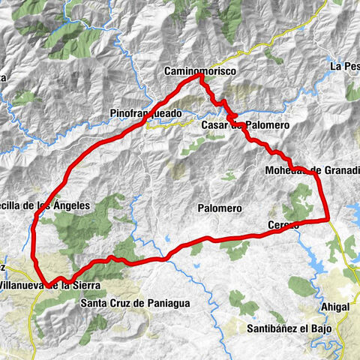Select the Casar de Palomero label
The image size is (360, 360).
pyautogui.click(x=244, y=124)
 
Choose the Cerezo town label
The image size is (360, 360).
pyautogui.click(x=283, y=225)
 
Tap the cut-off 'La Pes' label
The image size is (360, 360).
pyautogui.click(x=344, y=67)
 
